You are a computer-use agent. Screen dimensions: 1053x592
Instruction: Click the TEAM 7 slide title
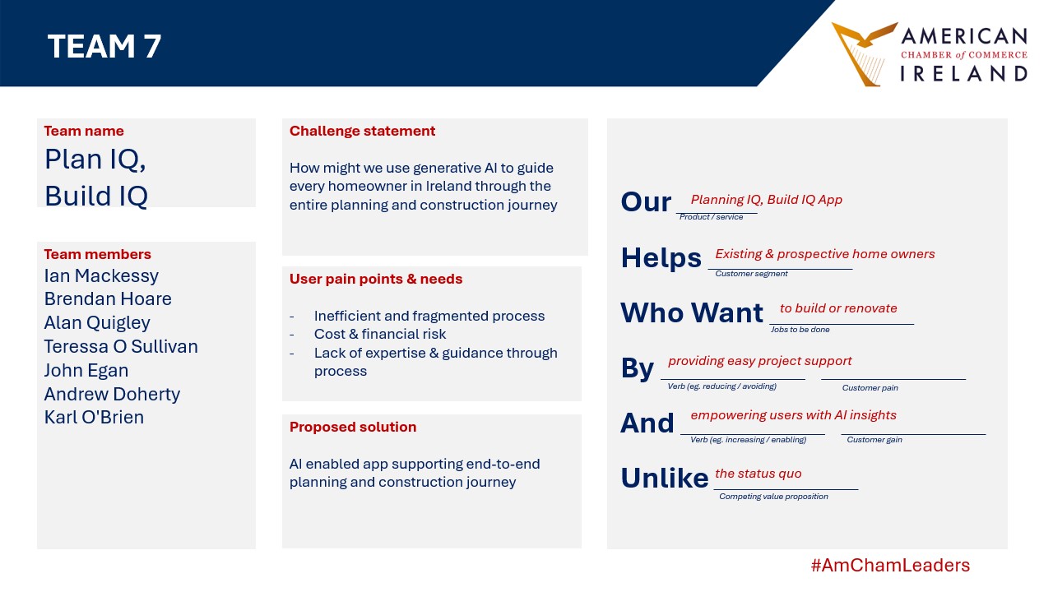pyautogui.click(x=104, y=46)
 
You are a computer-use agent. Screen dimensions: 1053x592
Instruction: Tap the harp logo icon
pyautogui.click(x=864, y=53)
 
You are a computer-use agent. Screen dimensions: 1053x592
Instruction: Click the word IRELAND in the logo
pyautogui.click(x=963, y=74)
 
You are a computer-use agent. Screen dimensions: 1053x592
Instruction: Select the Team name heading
pyautogui.click(x=84, y=131)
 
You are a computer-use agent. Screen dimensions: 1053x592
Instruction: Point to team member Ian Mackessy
pyautogui.click(x=101, y=275)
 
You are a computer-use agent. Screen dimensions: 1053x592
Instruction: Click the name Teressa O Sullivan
pyautogui.click(x=121, y=346)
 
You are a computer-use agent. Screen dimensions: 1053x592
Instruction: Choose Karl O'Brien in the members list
pyautogui.click(x=94, y=417)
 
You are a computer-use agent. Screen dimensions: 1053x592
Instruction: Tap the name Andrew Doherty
pyautogui.click(x=112, y=394)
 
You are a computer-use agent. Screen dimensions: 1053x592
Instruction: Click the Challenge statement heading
pyautogui.click(x=362, y=131)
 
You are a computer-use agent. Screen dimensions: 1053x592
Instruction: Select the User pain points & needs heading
pyautogui.click(x=376, y=279)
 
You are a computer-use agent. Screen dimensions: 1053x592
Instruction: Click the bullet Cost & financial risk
pyautogui.click(x=380, y=334)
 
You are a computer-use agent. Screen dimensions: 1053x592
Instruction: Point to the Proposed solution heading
pyautogui.click(x=353, y=427)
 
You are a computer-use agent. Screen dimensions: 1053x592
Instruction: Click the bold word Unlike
pyautogui.click(x=664, y=478)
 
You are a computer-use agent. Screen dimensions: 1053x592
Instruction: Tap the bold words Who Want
pyautogui.click(x=692, y=312)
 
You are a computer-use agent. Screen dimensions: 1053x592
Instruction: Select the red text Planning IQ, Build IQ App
pyautogui.click(x=766, y=200)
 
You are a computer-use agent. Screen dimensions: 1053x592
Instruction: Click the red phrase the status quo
pyautogui.click(x=758, y=473)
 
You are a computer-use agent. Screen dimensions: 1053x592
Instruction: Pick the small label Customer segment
pyautogui.click(x=751, y=274)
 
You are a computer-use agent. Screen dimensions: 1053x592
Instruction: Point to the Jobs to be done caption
pyautogui.click(x=800, y=330)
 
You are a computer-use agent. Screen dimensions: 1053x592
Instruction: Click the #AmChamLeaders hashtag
pyautogui.click(x=890, y=565)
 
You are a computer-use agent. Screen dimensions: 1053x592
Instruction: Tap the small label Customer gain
pyautogui.click(x=874, y=440)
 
